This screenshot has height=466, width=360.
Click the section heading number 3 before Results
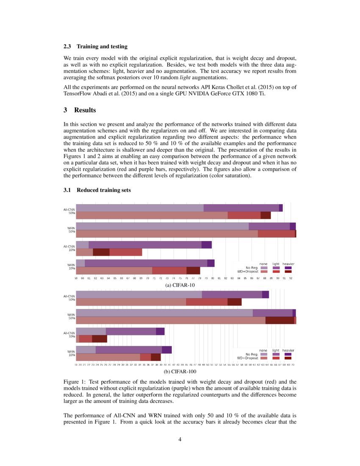point(66,110)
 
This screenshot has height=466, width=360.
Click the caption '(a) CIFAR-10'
point(180,285)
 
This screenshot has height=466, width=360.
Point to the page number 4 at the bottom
point(180,439)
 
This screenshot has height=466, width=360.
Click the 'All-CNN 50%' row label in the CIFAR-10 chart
point(69,211)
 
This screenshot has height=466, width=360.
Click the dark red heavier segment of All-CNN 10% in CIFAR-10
point(101,252)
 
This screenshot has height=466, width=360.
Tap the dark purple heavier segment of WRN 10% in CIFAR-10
point(210,263)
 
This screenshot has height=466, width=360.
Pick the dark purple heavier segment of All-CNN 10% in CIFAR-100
point(160,331)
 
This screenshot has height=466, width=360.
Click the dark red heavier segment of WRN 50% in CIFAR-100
point(280,320)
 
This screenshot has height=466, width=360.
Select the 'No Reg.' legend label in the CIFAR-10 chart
point(252,268)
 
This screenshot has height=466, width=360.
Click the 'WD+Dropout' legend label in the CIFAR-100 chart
point(248,358)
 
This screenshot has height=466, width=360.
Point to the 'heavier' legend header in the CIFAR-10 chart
point(288,264)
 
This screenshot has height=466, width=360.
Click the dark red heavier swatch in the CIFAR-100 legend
point(288,358)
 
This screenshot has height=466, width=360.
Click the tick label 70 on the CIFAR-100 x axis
point(293,364)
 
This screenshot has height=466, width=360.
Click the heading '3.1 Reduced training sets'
point(97,190)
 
